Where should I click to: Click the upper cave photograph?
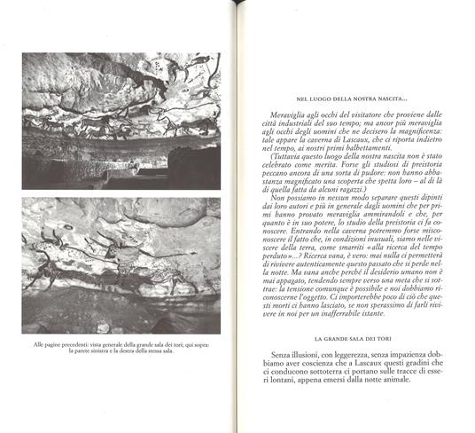[x=121, y=120]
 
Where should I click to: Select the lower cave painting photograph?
[x=121, y=265]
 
